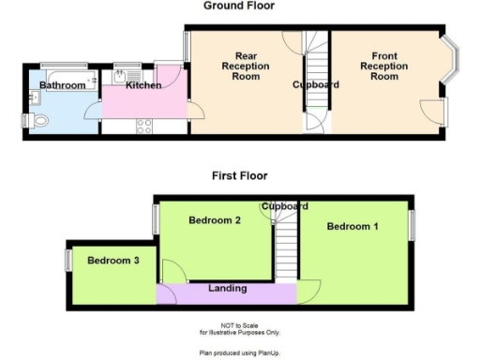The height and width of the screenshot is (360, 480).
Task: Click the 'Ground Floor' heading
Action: tap(239, 6)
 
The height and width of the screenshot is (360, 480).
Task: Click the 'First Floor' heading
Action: tap(239, 175)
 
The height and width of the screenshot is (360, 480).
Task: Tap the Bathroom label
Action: tap(55, 86)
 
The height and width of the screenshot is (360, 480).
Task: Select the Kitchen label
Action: tap(143, 86)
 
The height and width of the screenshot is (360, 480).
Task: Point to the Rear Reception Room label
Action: tap(245, 67)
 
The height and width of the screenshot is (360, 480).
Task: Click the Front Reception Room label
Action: tap(384, 67)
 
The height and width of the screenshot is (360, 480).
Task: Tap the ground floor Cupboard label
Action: tap(315, 85)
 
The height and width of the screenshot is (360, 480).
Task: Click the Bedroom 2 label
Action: tap(216, 220)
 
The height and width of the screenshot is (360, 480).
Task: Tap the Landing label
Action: tap(227, 289)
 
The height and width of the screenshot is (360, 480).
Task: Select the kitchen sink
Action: tap(123, 76)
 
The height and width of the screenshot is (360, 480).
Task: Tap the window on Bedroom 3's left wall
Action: tap(67, 259)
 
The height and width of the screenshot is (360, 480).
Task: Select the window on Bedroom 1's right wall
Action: tap(411, 225)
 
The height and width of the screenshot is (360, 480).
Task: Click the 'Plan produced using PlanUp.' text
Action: tap(239, 352)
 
